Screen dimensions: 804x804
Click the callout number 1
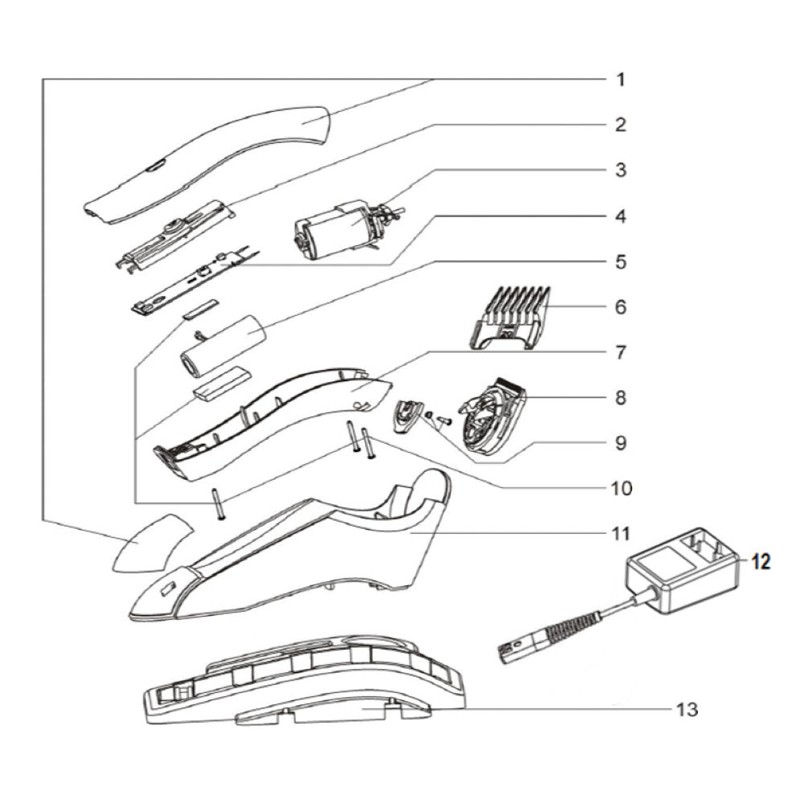(x=621, y=80)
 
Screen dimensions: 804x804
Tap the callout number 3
(x=621, y=170)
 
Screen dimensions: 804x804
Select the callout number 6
(x=621, y=307)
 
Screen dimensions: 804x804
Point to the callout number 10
(x=621, y=488)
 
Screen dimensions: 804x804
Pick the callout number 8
(x=621, y=397)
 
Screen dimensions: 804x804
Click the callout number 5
(x=621, y=262)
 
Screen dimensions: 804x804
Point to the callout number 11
(x=621, y=533)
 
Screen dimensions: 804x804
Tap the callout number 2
(x=621, y=125)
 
